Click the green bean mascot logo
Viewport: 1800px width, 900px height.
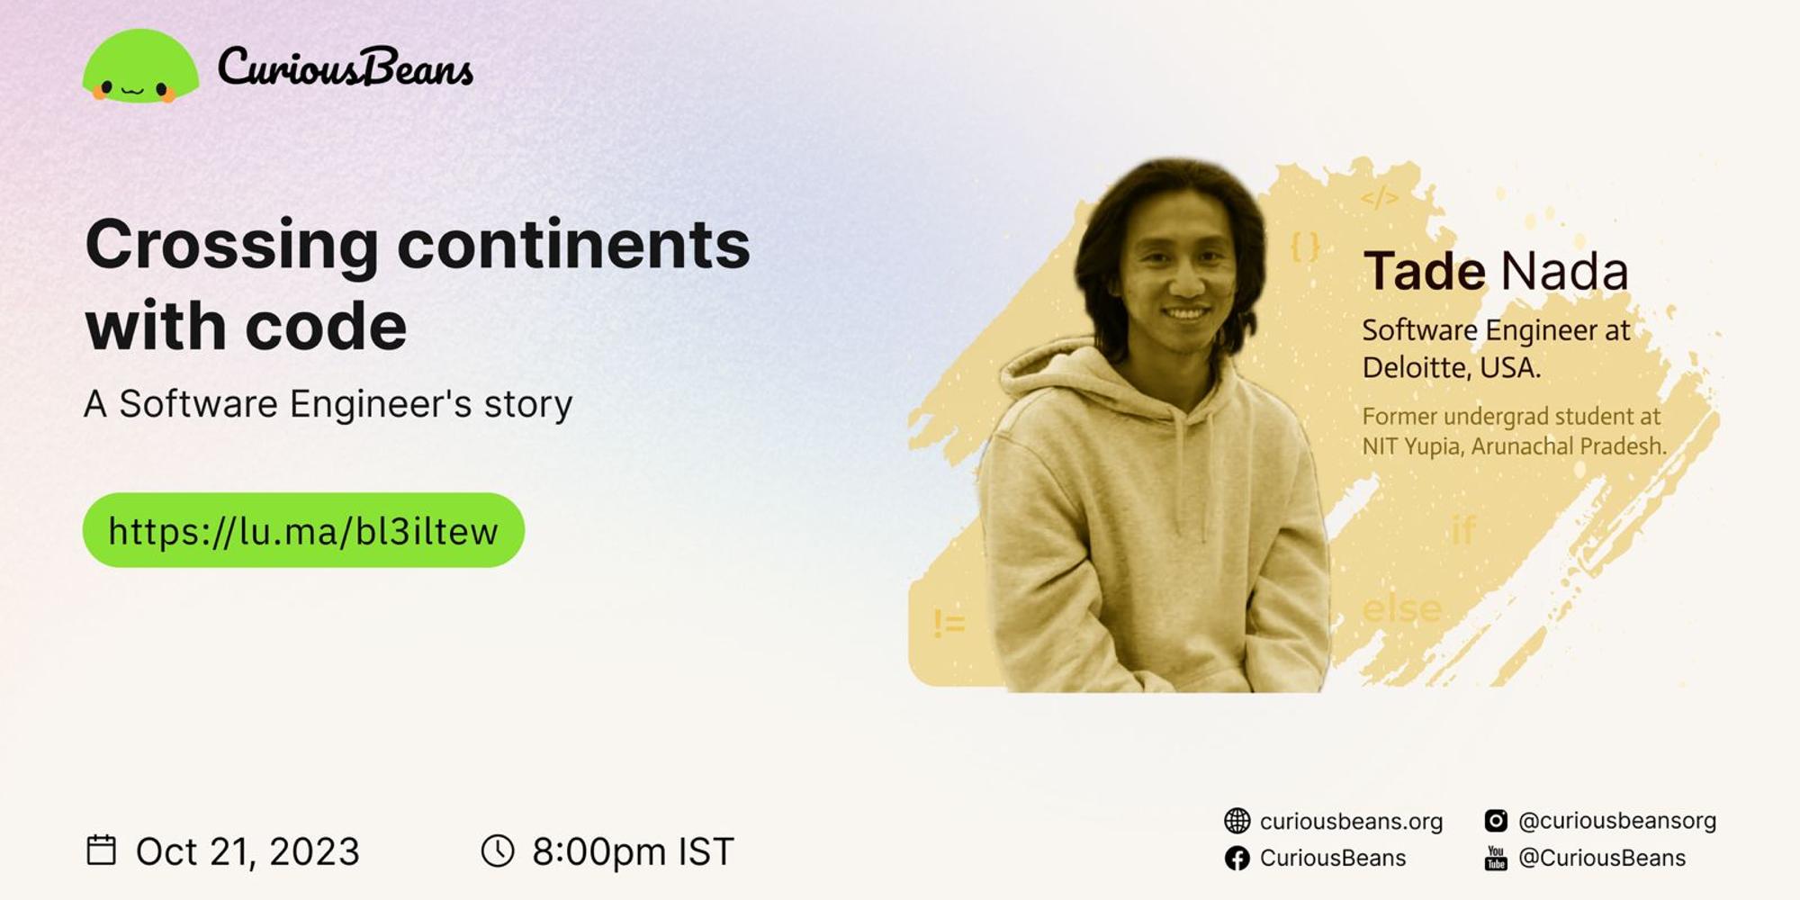pyautogui.click(x=140, y=68)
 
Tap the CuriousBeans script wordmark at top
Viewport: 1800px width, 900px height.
pyautogui.click(x=345, y=67)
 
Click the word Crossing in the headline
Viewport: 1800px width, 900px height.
pyautogui.click(x=231, y=246)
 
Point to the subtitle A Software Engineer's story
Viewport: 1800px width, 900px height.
pyautogui.click(x=328, y=404)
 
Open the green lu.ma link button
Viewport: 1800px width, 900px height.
pyautogui.click(x=303, y=530)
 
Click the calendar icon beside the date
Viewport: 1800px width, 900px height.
pyautogui.click(x=101, y=850)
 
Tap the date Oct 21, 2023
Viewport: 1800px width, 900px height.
pyautogui.click(x=247, y=851)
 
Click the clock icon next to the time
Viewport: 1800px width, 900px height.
pyautogui.click(x=498, y=850)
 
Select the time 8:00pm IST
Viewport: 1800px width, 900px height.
pyautogui.click(x=633, y=851)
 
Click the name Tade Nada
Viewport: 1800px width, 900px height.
pyautogui.click(x=1495, y=271)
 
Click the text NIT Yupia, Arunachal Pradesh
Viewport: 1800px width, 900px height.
pyautogui.click(x=1514, y=446)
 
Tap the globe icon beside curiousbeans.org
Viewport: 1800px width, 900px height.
pyautogui.click(x=1237, y=821)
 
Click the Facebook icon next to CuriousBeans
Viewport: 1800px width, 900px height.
pyautogui.click(x=1237, y=859)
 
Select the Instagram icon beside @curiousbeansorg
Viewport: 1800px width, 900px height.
pyautogui.click(x=1495, y=821)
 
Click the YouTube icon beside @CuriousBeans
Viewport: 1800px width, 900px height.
pyautogui.click(x=1495, y=859)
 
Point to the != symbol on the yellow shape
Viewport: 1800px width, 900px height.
pyautogui.click(x=949, y=622)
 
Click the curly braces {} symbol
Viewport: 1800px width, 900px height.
pyautogui.click(x=1305, y=247)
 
